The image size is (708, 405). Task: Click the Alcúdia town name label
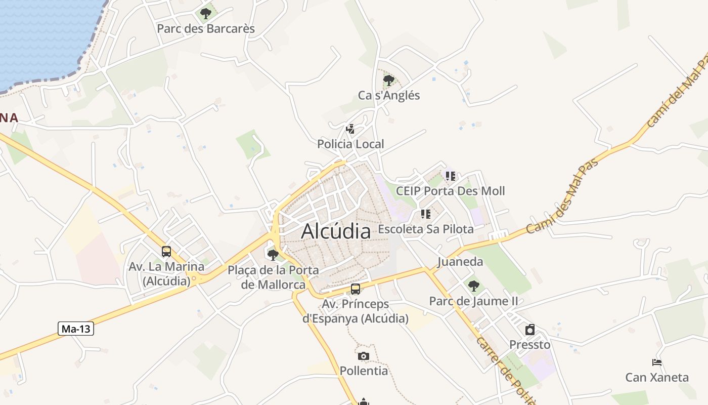coord(336,231)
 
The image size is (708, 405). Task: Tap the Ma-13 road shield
coord(76,329)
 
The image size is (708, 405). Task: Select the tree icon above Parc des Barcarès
coord(205,14)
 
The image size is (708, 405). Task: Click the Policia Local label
coord(350,144)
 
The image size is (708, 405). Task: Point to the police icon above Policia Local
coord(350,129)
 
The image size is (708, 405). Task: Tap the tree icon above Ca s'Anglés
coord(388,80)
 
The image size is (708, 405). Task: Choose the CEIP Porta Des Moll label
coord(450,191)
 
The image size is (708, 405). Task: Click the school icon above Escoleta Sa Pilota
coord(425,214)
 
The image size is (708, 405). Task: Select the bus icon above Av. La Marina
coord(166,252)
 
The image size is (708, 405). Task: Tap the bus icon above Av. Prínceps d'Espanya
coord(356,289)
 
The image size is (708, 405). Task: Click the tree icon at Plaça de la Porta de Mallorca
coord(273,255)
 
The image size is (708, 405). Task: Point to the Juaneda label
coord(460,262)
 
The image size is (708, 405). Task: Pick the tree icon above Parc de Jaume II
coord(473,286)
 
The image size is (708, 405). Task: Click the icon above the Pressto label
coord(529,330)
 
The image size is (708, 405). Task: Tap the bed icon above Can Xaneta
coord(657,362)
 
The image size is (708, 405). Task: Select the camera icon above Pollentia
coord(364,356)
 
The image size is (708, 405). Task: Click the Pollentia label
coord(364,371)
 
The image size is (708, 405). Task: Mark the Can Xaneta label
coord(657,378)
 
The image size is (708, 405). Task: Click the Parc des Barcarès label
coord(206,29)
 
